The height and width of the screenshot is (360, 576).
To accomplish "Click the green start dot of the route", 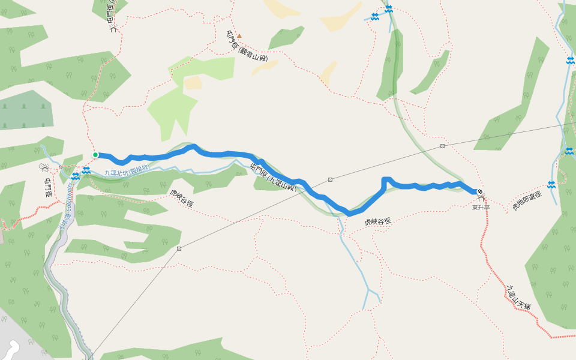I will click(95, 155).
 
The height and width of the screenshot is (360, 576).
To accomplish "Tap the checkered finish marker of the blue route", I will click(480, 192).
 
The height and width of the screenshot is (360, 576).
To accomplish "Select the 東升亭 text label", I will click(481, 207).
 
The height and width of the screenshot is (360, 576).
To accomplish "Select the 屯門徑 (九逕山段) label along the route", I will click(274, 176).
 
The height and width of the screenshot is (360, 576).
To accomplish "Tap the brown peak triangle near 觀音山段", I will click(239, 36).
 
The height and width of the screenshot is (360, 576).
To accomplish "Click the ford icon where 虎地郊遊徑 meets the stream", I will click(551, 184).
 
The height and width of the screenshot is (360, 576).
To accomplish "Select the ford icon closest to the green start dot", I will click(86, 170).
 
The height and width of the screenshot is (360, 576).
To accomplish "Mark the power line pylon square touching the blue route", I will click(330, 179).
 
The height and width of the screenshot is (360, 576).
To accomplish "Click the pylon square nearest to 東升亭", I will click(442, 146).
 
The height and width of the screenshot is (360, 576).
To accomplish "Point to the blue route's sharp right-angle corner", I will click(384, 179).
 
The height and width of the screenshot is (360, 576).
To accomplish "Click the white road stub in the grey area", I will click(13, 347).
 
